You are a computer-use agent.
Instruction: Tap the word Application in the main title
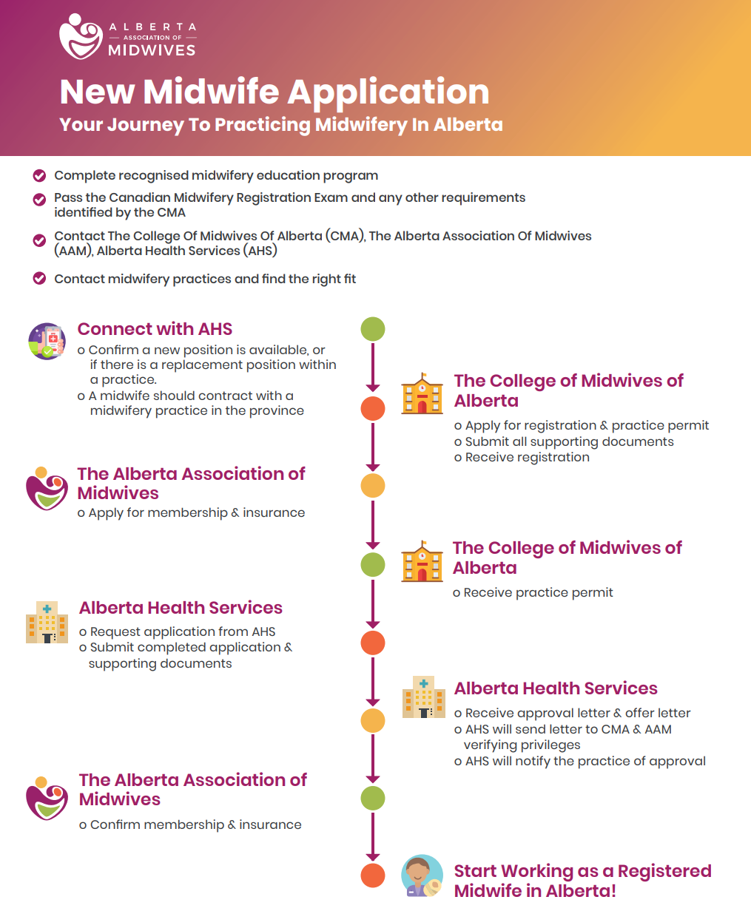(x=388, y=92)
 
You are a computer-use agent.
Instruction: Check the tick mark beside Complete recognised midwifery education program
(x=39, y=176)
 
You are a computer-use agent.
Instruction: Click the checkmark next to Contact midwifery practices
(x=39, y=279)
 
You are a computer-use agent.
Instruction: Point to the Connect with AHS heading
(x=155, y=329)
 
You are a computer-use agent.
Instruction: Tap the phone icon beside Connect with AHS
(x=47, y=342)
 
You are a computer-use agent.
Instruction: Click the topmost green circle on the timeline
(x=373, y=329)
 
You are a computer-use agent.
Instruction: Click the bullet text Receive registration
(x=527, y=457)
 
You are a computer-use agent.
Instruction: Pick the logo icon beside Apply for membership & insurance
(x=47, y=489)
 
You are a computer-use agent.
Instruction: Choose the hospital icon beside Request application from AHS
(x=47, y=622)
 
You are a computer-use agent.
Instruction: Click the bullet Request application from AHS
(x=182, y=631)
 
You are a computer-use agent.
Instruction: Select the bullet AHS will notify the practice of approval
(x=585, y=761)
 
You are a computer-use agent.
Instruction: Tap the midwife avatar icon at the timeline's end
(x=422, y=876)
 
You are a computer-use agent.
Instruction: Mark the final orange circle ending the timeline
(x=373, y=876)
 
